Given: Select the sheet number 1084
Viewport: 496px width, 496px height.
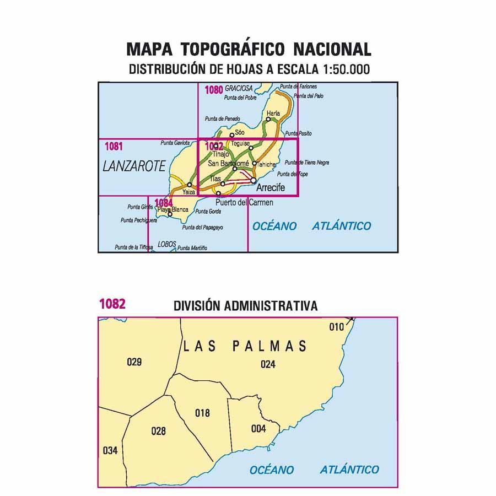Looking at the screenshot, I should click(165, 203).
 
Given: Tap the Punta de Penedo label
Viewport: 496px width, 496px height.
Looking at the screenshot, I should click(221, 118).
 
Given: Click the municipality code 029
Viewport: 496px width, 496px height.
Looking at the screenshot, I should click(134, 362).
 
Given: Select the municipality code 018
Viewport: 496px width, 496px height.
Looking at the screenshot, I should click(202, 413).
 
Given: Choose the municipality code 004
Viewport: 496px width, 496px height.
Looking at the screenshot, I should click(258, 429).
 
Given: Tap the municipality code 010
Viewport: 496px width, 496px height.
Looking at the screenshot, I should click(336, 327).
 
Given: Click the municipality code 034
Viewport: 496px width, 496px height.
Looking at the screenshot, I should click(110, 451).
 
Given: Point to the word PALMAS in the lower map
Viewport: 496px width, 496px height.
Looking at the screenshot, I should click(270, 346).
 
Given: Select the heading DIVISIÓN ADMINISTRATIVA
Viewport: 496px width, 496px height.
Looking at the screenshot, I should click(245, 306).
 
